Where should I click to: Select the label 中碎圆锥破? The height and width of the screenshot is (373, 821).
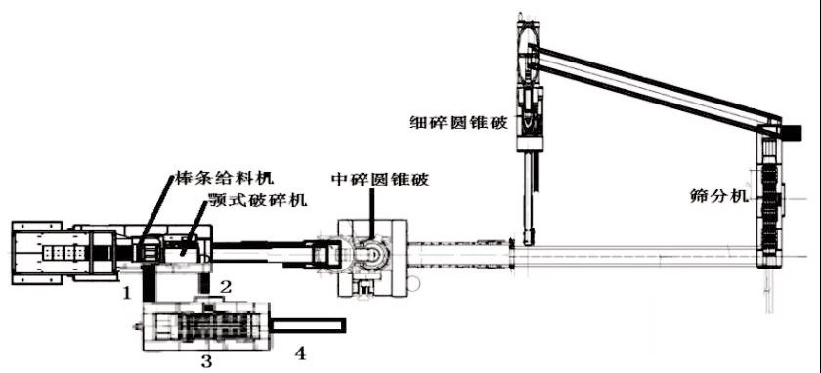[x=380, y=179]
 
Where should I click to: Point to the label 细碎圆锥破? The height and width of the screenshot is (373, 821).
[x=457, y=124]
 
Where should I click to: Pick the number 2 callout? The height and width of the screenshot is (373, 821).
[x=225, y=286]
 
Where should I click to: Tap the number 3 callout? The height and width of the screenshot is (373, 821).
[x=207, y=361]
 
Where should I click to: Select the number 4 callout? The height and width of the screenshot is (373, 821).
[x=299, y=354]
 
